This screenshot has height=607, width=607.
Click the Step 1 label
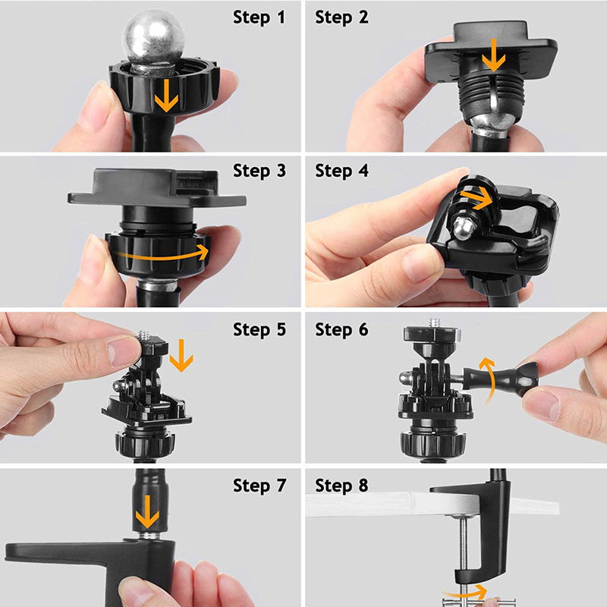pyautogui.click(x=259, y=17)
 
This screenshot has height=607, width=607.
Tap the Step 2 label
pyautogui.click(x=341, y=17)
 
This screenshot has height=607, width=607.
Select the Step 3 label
pyautogui.click(x=259, y=171)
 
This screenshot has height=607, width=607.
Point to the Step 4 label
pyautogui.click(x=341, y=171)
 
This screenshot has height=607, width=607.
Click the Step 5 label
pyautogui.click(x=259, y=330)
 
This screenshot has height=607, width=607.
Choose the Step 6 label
pyautogui.click(x=341, y=330)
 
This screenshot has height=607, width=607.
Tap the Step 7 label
pyautogui.click(x=259, y=486)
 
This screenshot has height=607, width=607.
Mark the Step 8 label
pyautogui.click(x=341, y=486)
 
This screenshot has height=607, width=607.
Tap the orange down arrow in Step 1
pyautogui.click(x=166, y=96)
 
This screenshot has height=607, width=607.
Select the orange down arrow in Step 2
pyautogui.click(x=493, y=55)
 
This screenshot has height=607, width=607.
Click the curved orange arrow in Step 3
pyautogui.click(x=161, y=255)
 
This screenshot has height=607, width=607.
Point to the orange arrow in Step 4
pyautogui.click(x=477, y=198)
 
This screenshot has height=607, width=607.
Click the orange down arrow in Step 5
pyautogui.click(x=181, y=355)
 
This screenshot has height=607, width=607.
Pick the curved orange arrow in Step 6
pyautogui.click(x=489, y=382)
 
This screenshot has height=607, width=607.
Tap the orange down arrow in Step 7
pyautogui.click(x=147, y=511)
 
